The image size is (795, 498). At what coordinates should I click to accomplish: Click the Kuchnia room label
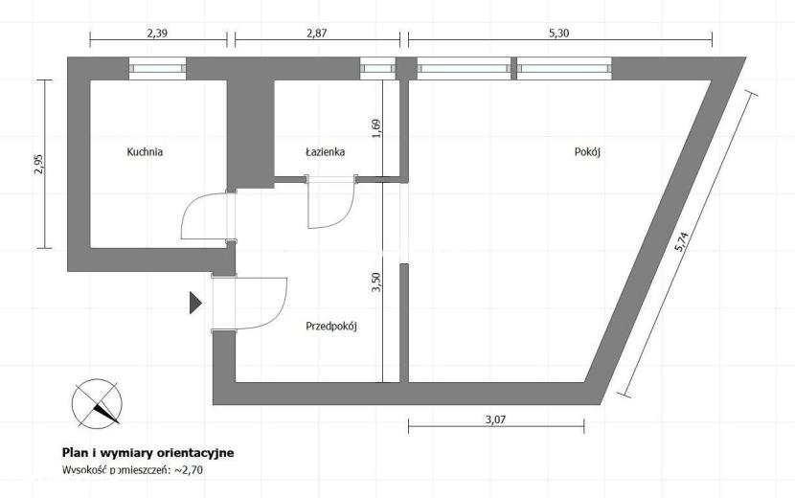point(145,151)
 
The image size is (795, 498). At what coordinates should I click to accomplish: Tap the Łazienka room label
point(326,151)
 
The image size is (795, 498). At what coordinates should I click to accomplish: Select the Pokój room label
point(587,151)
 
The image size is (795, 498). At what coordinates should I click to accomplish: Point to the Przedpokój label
point(331,326)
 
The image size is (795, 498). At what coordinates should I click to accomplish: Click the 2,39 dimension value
point(157,34)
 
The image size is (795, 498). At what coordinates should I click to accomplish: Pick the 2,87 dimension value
point(317,34)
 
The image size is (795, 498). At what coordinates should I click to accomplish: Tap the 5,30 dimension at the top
point(558,34)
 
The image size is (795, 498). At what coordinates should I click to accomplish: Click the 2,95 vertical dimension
point(38,165)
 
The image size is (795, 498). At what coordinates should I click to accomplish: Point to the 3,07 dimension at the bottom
point(496,419)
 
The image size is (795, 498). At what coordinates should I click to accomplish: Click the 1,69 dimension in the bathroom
point(375,129)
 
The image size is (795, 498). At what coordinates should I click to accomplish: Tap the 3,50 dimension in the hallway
point(375,283)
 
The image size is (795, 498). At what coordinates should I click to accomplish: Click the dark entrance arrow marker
point(195,303)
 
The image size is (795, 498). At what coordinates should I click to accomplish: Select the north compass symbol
point(97,404)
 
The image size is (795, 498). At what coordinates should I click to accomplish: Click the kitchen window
point(157,68)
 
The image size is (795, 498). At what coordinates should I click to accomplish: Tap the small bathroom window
point(377,68)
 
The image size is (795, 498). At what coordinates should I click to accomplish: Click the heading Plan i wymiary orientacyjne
point(148,452)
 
